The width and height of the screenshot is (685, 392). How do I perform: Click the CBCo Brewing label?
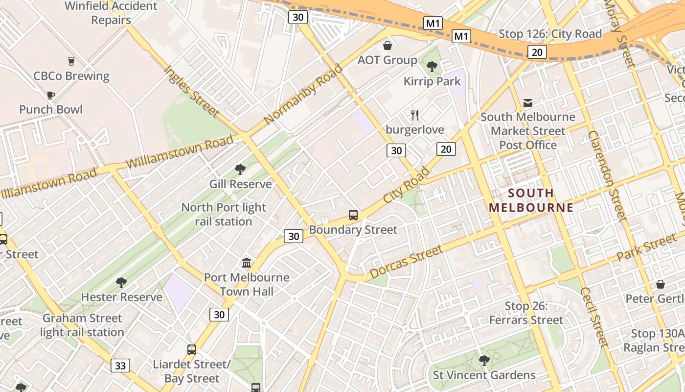71,76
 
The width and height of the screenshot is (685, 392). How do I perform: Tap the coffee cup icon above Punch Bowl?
50,95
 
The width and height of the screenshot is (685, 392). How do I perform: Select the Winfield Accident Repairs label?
111,13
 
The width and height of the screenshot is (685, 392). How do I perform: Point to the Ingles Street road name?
191,92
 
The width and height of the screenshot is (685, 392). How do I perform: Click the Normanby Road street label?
303,94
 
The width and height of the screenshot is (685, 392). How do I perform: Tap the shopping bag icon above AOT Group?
388,46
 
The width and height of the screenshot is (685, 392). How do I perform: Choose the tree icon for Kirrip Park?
432,66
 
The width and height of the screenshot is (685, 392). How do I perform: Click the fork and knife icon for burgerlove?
415,115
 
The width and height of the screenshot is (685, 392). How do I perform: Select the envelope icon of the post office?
528,103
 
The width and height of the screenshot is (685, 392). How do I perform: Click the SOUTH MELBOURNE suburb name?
531,200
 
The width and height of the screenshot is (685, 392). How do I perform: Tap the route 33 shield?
120,366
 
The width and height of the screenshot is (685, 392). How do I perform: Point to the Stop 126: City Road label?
550,34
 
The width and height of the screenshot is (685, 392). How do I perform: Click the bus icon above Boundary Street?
353,215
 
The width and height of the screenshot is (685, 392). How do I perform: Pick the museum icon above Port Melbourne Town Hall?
247,263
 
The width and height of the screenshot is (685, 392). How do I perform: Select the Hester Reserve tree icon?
121,282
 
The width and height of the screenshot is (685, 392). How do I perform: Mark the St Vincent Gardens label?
484,375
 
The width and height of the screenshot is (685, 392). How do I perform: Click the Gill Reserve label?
240,184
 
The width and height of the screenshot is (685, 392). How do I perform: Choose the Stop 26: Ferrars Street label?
526,313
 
